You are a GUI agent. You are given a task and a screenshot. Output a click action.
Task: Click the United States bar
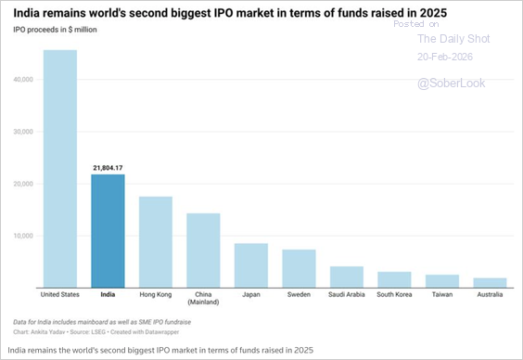pos(59,168)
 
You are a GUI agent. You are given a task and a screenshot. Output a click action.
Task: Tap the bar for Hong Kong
pos(156,241)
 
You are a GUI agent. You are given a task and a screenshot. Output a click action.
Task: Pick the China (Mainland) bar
pos(203,250)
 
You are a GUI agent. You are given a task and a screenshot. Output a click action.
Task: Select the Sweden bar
pos(299,268)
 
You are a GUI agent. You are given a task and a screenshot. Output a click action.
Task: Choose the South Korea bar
pos(394,279)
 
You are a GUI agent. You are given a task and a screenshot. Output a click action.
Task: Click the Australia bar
pos(490,282)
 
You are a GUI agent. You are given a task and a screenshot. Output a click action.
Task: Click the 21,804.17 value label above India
pos(108,167)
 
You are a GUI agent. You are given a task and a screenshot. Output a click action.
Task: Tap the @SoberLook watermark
pos(451,84)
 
